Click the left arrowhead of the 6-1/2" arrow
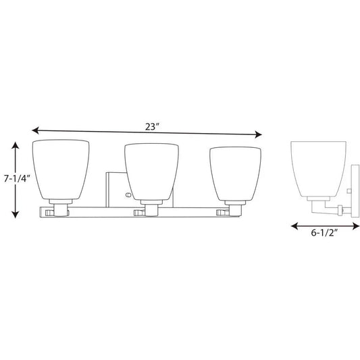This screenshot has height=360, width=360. click(x=293, y=226)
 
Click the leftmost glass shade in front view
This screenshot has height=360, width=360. click(x=60, y=171)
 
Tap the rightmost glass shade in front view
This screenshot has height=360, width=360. click(x=236, y=171)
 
